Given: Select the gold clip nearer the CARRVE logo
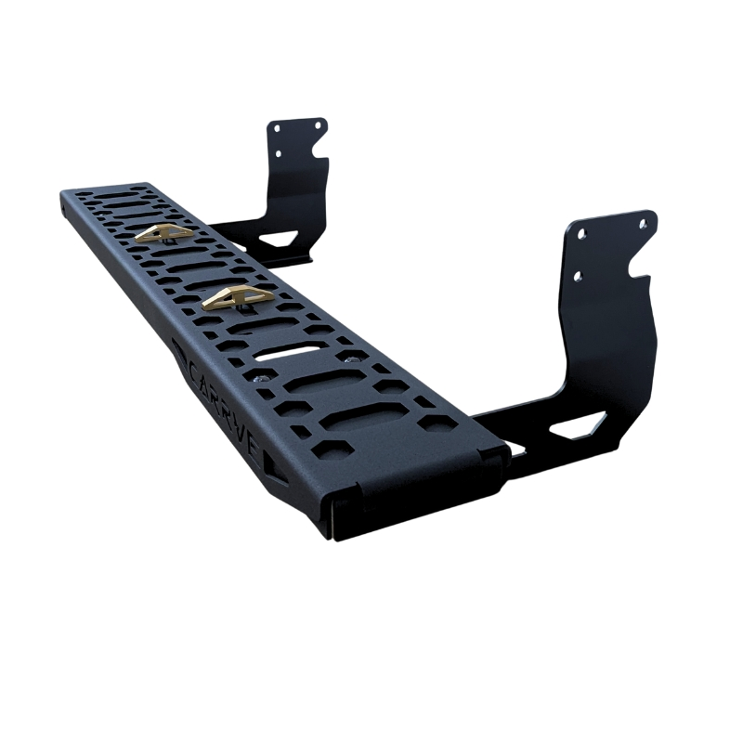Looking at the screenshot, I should click(x=238, y=297).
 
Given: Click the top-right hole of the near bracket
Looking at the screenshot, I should click(x=642, y=223).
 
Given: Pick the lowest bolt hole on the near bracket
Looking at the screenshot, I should click(x=578, y=276).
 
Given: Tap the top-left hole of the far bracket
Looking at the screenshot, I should click(x=276, y=128).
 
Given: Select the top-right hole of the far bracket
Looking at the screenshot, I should click(x=319, y=124).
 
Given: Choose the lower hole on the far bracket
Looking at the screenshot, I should click(x=276, y=151).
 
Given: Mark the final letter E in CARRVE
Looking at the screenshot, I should click(x=253, y=444).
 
